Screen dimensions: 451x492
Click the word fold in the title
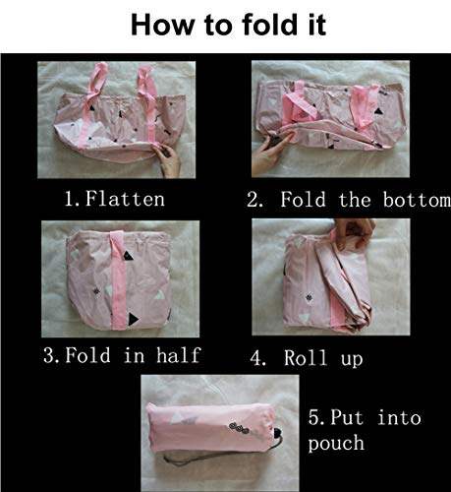click(x=266, y=25)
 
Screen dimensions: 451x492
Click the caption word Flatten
click(x=125, y=199)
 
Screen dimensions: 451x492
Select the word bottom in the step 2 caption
click(x=417, y=200)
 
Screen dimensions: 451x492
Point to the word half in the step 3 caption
click(x=178, y=355)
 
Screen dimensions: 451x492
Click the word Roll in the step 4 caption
click(x=306, y=357)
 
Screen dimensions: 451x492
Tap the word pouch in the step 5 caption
click(x=336, y=444)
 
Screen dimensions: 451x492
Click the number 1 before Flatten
click(x=70, y=199)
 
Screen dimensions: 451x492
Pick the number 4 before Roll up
click(x=256, y=358)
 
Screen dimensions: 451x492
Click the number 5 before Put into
click(x=313, y=417)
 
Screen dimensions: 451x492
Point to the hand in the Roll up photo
click(x=355, y=232)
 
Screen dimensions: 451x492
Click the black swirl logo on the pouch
click(x=239, y=428)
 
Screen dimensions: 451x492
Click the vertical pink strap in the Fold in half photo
click(x=118, y=279)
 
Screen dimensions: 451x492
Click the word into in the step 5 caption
click(x=399, y=417)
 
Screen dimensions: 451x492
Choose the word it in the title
click(x=316, y=25)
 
